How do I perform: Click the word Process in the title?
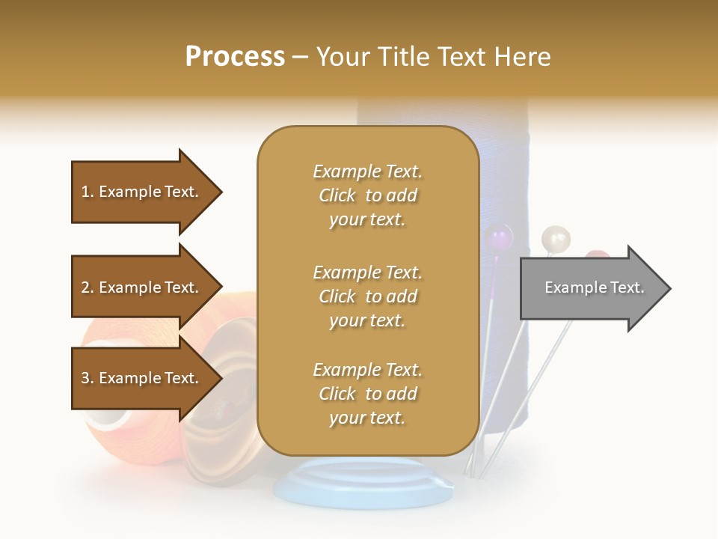click(235, 57)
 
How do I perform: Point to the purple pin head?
click(499, 239)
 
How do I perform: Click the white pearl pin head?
click(556, 239)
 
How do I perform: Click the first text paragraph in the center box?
click(367, 195)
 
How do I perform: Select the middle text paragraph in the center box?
click(367, 296)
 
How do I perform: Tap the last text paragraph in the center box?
click(367, 394)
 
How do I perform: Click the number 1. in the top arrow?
click(88, 192)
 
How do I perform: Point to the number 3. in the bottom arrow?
click(88, 378)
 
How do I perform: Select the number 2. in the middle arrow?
click(88, 287)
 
